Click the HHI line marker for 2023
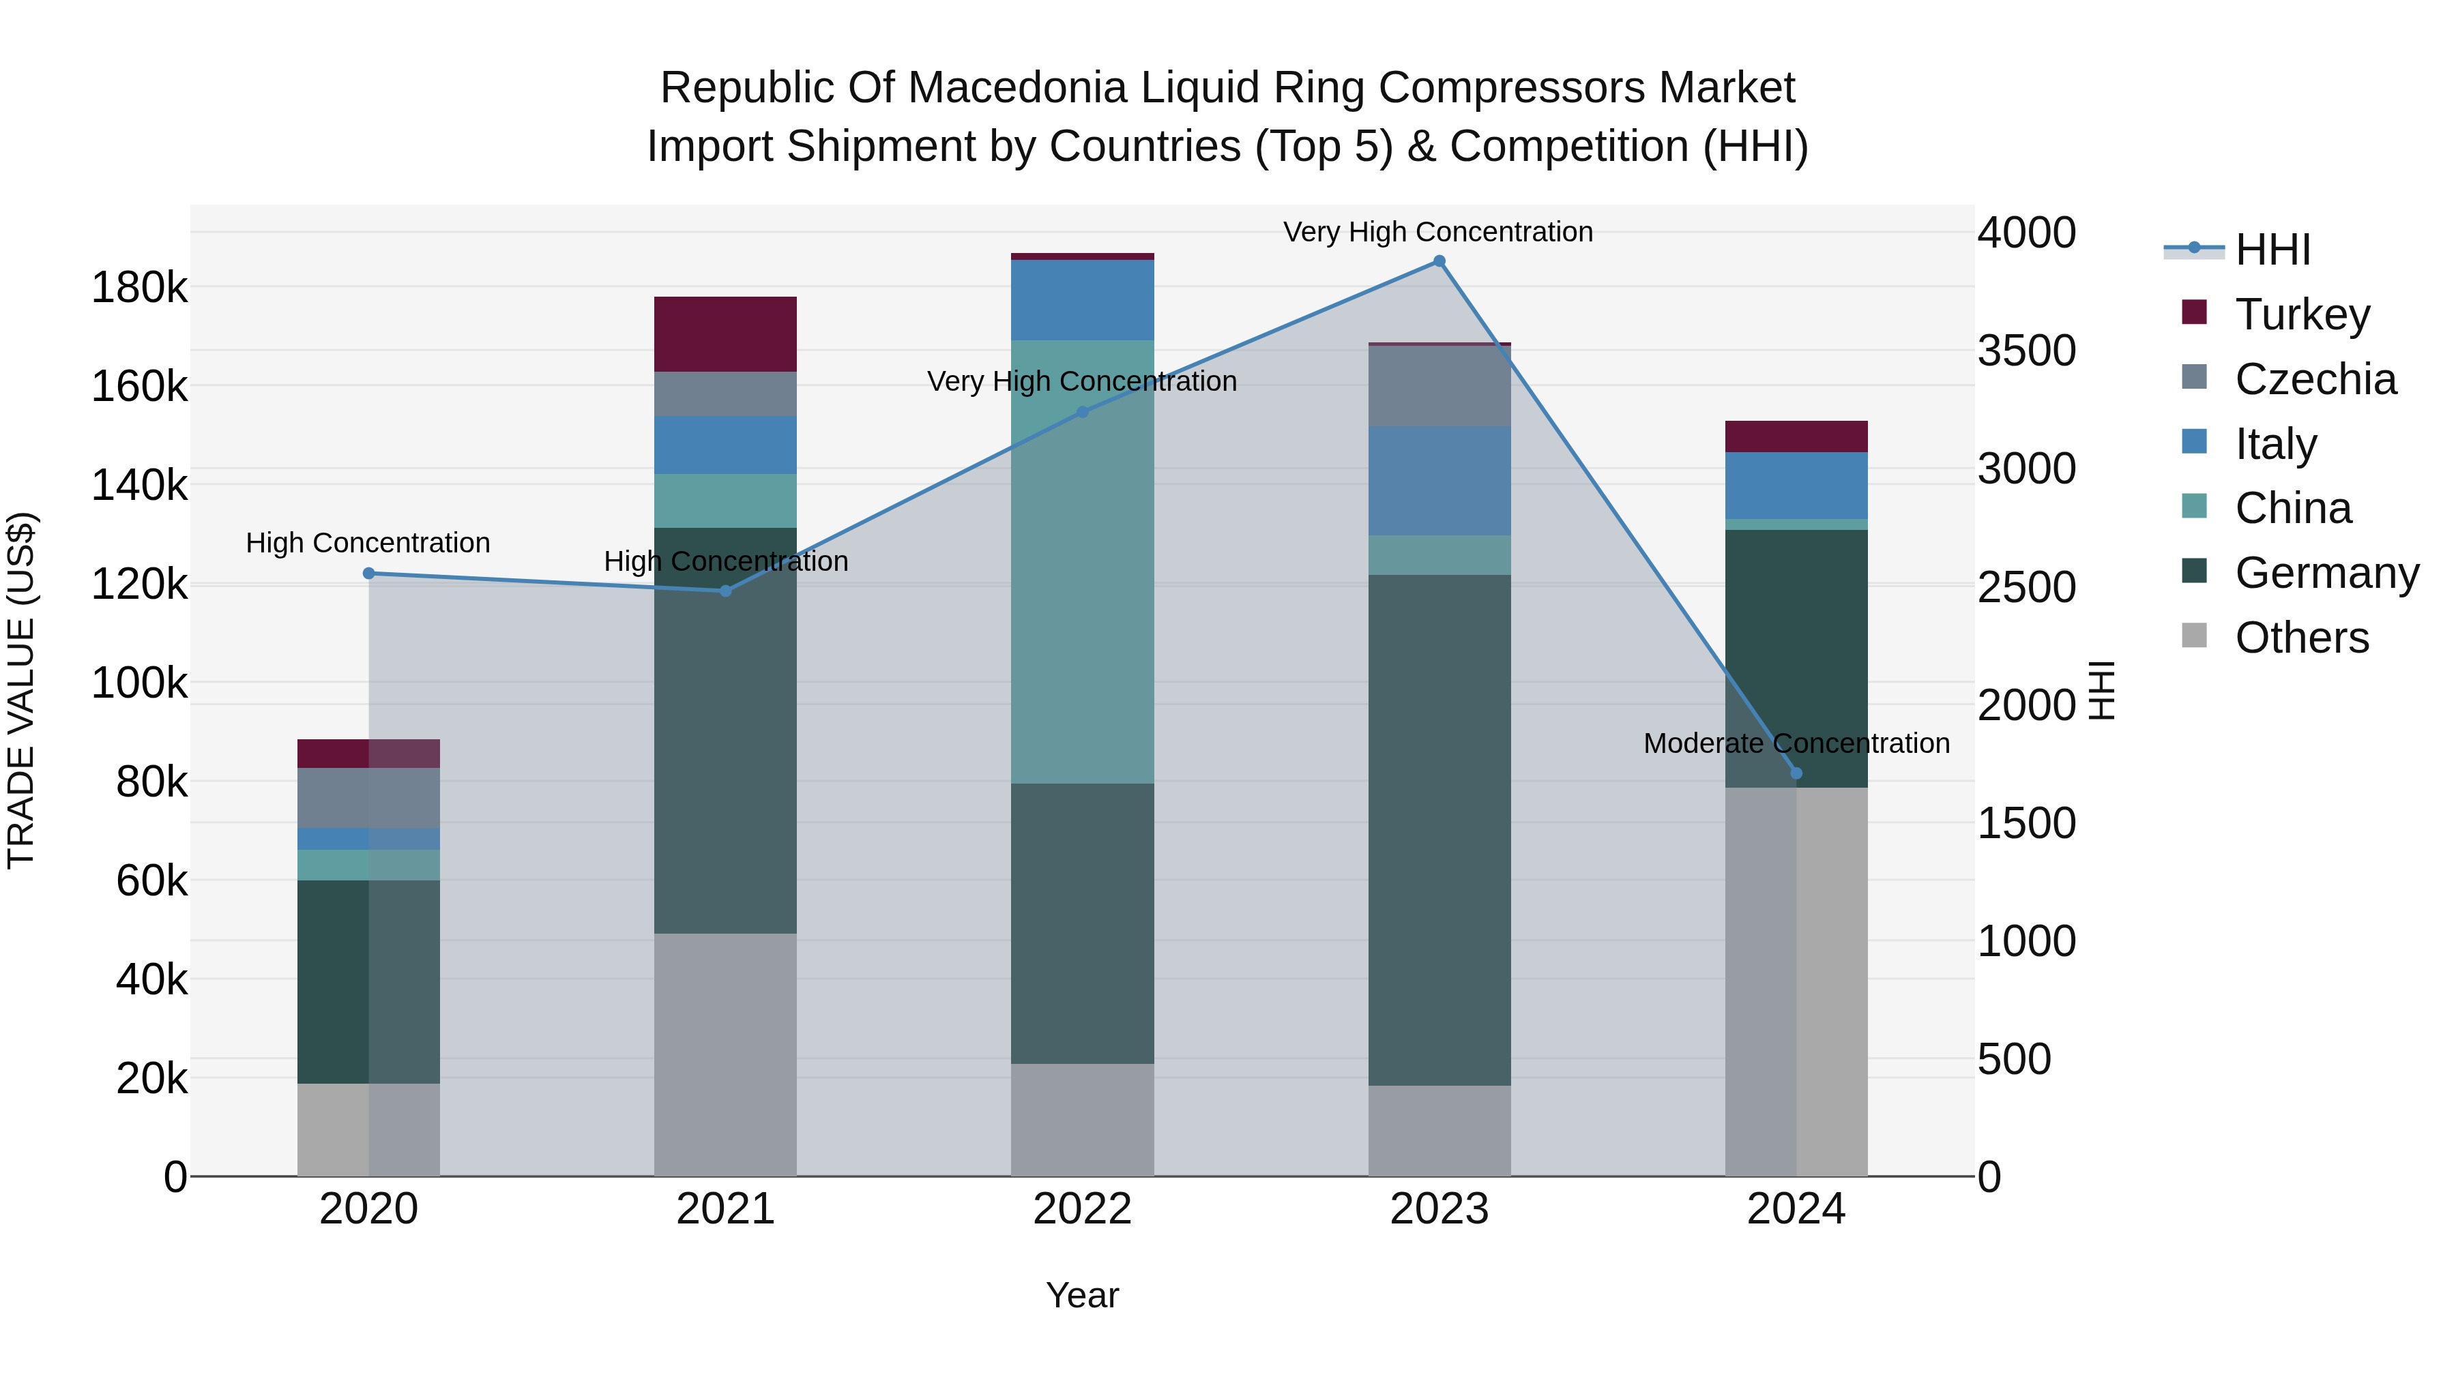pos(1439,261)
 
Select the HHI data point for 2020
pos(369,573)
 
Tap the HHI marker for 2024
pos(1796,773)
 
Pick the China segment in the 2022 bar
pos(1082,563)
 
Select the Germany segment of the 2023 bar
pos(1439,829)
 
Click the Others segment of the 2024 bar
pos(1796,981)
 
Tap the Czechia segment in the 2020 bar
pos(369,798)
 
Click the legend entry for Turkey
pos(2302,314)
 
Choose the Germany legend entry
pos(2326,573)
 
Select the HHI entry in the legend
pos(2272,250)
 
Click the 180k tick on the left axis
pos(139,287)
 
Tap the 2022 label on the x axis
pos(1082,1209)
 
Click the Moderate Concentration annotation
pos(1796,743)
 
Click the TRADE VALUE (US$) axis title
pos(21,690)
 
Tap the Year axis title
pos(1082,1295)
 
